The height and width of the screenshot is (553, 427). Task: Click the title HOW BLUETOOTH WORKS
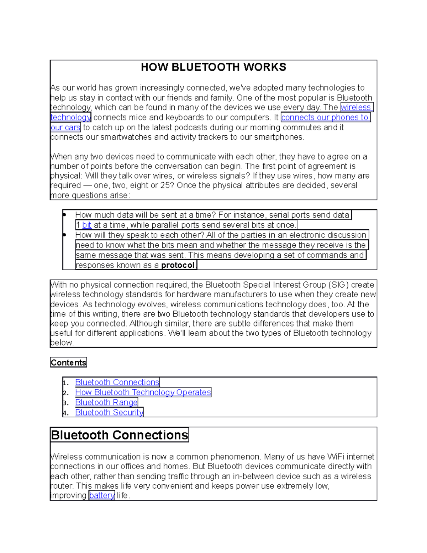point(213,67)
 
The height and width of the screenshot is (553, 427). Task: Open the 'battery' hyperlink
point(102,495)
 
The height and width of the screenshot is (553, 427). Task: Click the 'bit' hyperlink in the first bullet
point(87,225)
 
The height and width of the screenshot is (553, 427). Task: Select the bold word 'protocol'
point(178,265)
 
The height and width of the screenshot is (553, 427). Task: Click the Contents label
point(68,362)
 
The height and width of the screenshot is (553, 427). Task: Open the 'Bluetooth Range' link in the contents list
point(106,402)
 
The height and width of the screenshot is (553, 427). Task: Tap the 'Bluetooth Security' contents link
point(109,412)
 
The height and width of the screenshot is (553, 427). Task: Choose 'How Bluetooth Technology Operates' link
point(143,392)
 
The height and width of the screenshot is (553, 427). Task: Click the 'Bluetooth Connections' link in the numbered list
point(117,382)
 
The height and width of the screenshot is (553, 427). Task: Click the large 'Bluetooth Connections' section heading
point(119,435)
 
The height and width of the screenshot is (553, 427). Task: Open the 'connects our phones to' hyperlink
point(325,118)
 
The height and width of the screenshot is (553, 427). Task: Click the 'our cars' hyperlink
point(65,127)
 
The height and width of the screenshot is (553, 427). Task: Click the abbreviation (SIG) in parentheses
point(338,285)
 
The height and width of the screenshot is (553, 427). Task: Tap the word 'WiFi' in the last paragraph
point(336,457)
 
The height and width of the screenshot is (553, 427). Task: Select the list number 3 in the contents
point(65,403)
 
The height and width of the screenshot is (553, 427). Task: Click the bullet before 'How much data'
point(65,215)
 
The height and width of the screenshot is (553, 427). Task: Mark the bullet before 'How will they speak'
point(65,235)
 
